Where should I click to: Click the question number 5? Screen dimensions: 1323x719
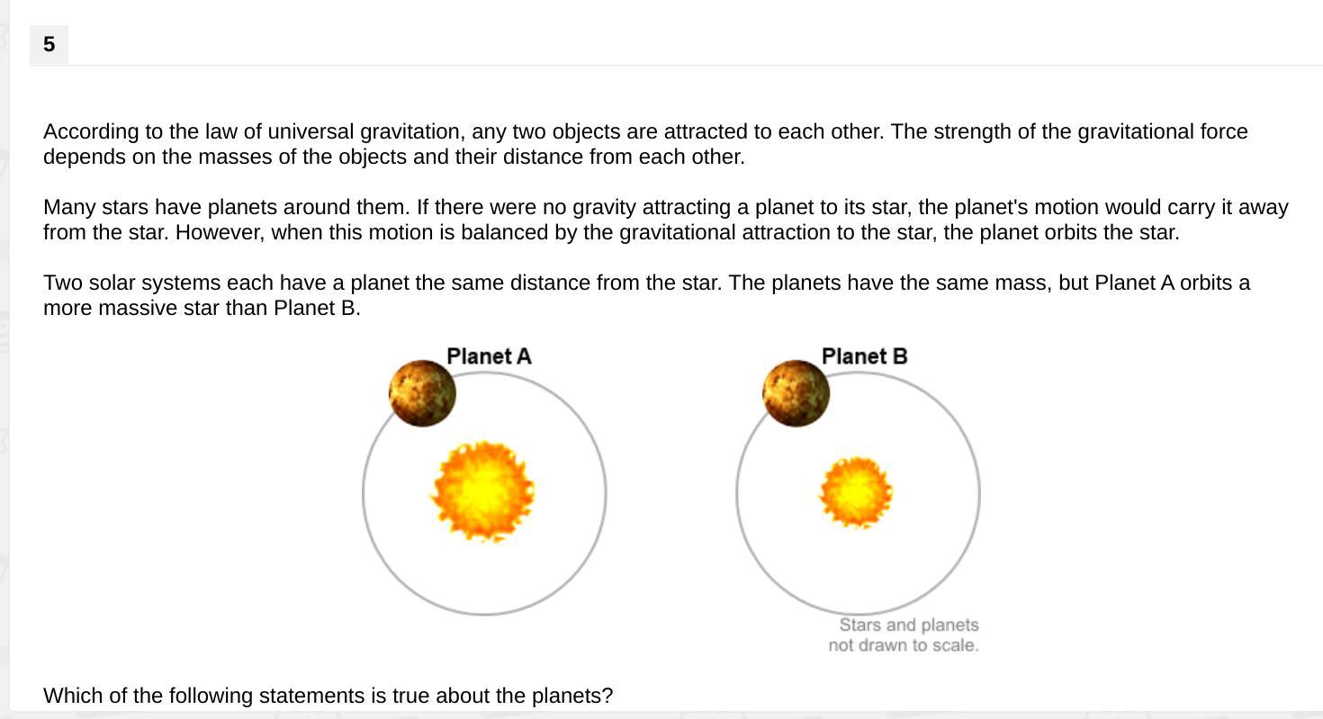[49, 44]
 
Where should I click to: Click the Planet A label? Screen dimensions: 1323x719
[489, 356]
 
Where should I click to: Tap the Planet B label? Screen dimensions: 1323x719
[864, 356]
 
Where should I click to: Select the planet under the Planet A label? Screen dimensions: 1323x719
[422, 393]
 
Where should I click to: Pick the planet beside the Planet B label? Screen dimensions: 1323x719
[796, 393]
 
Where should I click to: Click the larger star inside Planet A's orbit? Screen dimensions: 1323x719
[483, 491]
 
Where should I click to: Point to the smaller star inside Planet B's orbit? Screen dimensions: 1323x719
[856, 492]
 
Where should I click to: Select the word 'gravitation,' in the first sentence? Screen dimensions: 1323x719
[412, 131]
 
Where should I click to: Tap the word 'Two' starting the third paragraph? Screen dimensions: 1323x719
[63, 283]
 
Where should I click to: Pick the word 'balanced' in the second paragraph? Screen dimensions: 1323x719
[504, 232]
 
